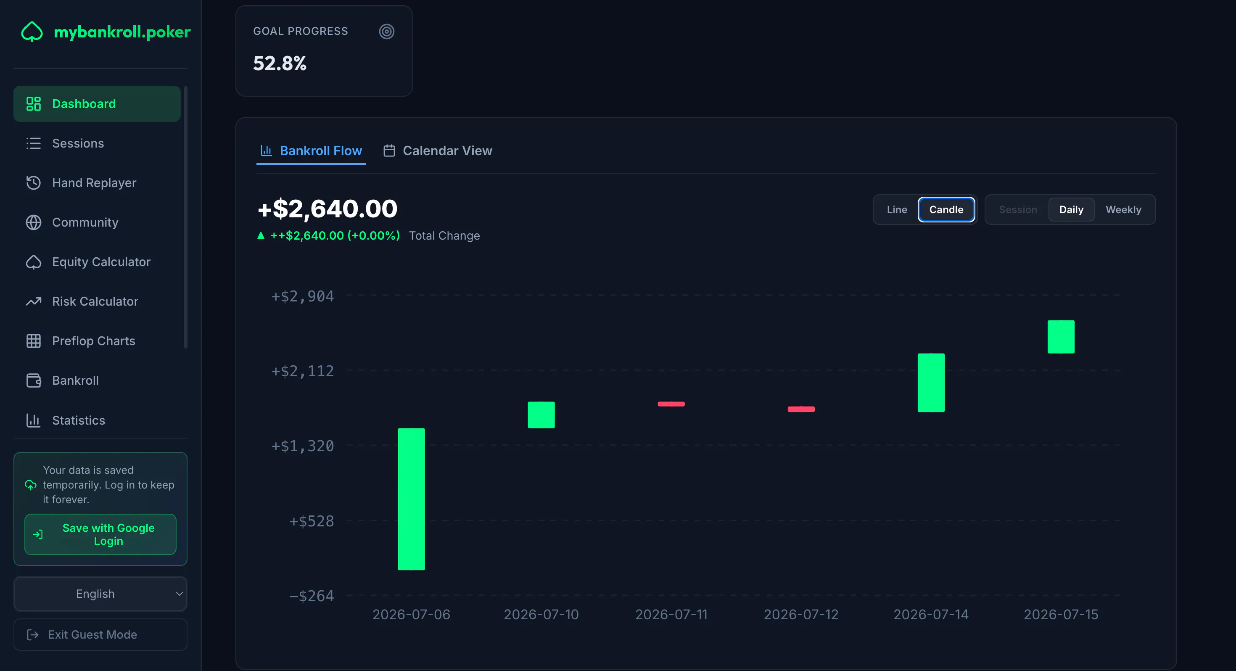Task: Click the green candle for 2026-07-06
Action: [x=411, y=499]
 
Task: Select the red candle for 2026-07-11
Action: [x=671, y=404]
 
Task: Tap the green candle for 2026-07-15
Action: [x=1061, y=336]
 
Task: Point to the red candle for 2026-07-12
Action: [x=801, y=409]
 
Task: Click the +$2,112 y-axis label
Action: [x=303, y=371]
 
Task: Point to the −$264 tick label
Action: [x=312, y=596]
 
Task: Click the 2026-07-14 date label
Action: [x=931, y=614]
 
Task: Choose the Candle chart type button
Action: [x=946, y=210]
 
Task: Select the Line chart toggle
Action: [x=897, y=210]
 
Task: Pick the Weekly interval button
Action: [x=1123, y=210]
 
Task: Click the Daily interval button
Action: [x=1071, y=210]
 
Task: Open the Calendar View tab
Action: [x=438, y=151]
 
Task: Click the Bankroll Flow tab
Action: [x=311, y=151]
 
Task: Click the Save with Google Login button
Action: [x=100, y=534]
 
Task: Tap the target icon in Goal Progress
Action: [x=387, y=32]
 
